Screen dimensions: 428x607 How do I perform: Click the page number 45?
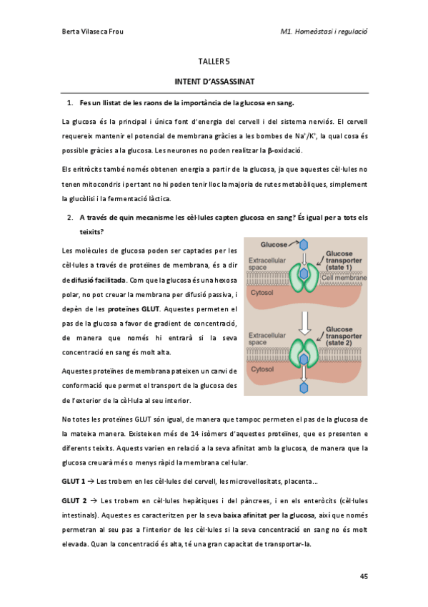pos(362,576)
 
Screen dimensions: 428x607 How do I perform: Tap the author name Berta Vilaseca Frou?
pos(86,31)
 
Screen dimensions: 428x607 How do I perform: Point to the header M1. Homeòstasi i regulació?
pos(329,31)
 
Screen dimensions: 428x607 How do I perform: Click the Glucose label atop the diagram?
pos(274,243)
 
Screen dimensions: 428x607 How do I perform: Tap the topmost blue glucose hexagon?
pos(304,243)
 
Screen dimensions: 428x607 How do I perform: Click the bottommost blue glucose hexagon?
pos(304,387)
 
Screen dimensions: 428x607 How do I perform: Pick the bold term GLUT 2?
pos(74,500)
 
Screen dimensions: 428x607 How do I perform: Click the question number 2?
pos(70,217)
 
